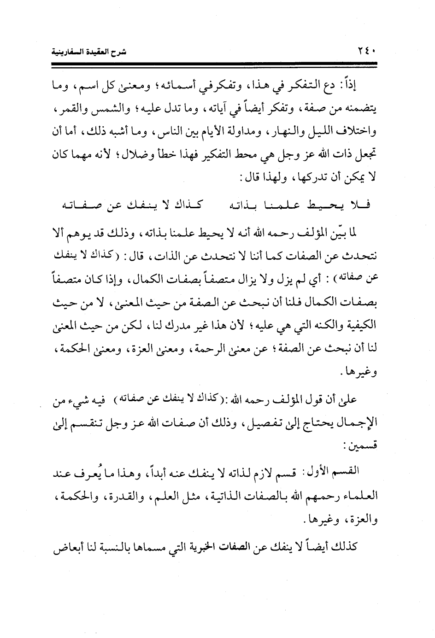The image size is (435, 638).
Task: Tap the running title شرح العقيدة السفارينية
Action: click(88, 51)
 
